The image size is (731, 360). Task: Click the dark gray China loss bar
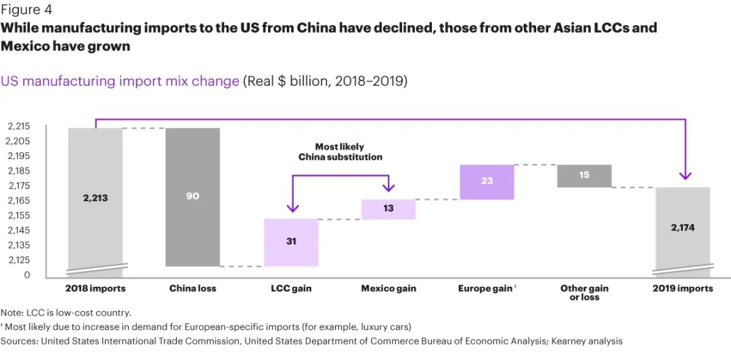coord(193,197)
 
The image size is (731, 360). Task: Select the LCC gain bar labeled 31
coord(291,242)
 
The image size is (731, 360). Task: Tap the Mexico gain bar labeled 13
coord(388,209)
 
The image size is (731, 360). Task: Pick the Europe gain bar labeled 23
coord(486,182)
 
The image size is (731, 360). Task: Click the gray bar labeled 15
coord(584,175)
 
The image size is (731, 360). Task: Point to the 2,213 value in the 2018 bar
coord(95,198)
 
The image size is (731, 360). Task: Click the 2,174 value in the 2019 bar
coord(682,227)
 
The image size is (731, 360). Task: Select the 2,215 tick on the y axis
coord(18,127)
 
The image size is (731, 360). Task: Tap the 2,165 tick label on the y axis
coord(18,200)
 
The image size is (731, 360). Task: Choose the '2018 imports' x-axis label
coord(95,288)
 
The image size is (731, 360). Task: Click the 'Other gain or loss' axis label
coord(584,292)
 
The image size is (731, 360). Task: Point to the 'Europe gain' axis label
coord(485,288)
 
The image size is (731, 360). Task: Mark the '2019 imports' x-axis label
coord(682,288)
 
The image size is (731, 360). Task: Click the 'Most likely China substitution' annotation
coord(340,152)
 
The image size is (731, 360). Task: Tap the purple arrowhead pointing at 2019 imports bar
coord(686,176)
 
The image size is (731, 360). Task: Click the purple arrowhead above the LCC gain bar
coord(292,208)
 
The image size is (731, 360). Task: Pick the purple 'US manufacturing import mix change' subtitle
coord(120,81)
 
